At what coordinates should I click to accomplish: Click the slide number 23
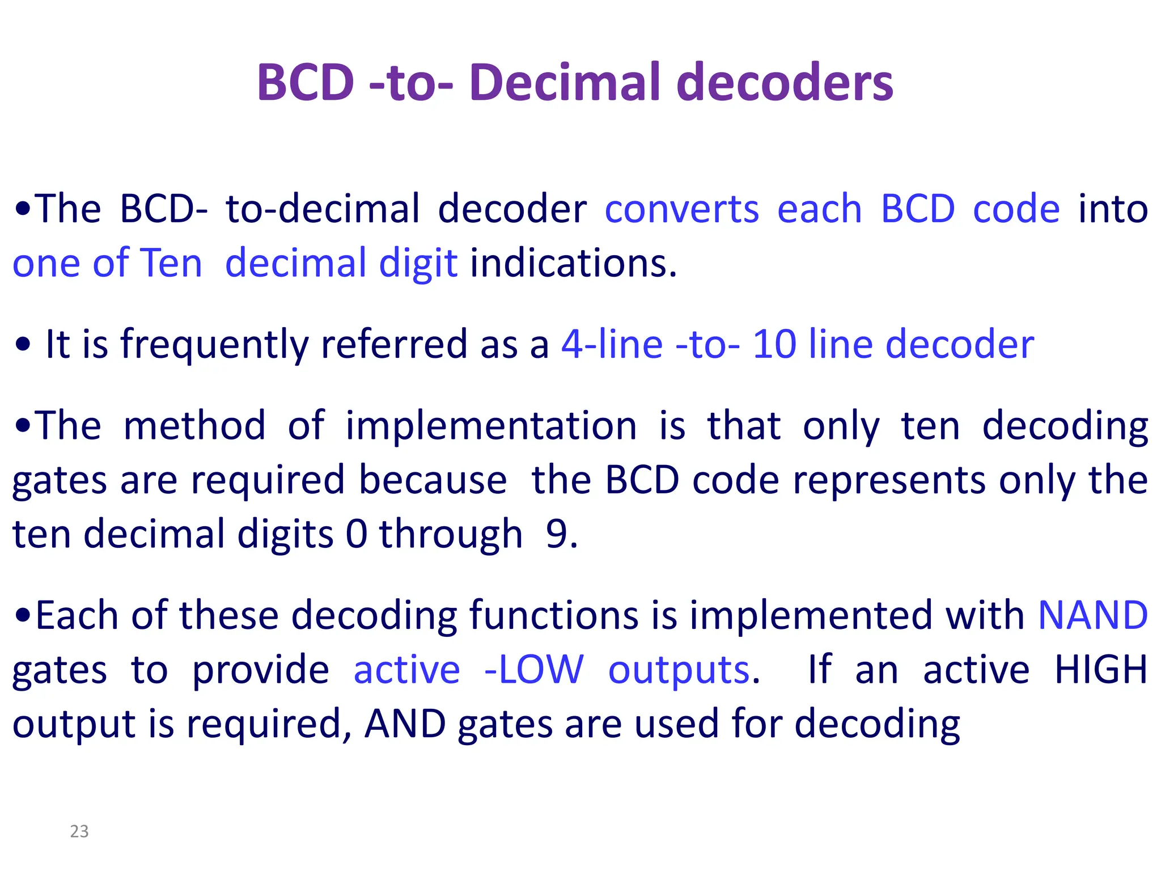(79, 831)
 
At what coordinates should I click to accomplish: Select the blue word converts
(681, 209)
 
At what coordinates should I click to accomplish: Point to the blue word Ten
(171, 264)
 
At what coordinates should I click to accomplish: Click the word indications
(573, 264)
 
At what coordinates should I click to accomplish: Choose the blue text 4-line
(612, 345)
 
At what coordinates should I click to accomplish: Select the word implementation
(491, 426)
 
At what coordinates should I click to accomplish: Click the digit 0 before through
(356, 534)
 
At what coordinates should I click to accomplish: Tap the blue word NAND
(1092, 616)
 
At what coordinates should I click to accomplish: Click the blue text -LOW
(533, 670)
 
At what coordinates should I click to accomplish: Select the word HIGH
(1100, 670)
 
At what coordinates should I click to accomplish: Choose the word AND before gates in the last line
(405, 724)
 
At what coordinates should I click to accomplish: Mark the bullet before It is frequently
(23, 345)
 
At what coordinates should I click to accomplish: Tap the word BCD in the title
(306, 83)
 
